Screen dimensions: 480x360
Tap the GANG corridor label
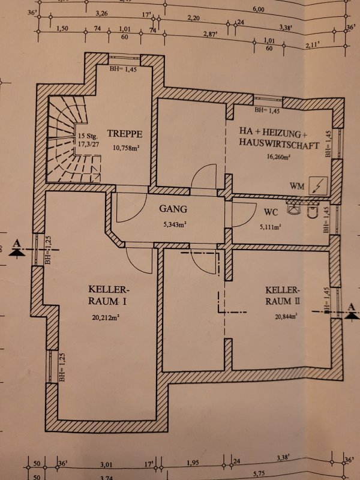[x=173, y=209]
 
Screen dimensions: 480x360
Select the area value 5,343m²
[x=175, y=226]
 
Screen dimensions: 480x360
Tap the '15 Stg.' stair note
[x=88, y=136]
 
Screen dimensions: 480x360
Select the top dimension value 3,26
[x=101, y=13]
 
